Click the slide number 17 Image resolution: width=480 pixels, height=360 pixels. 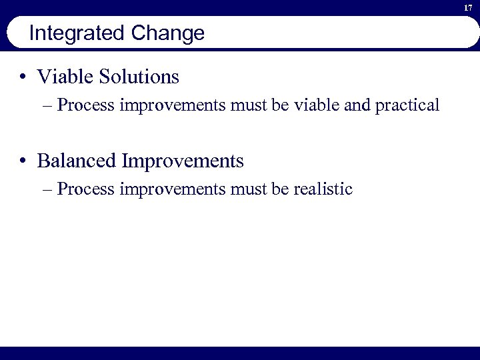click(469, 7)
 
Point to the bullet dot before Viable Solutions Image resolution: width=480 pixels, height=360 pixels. click(23, 77)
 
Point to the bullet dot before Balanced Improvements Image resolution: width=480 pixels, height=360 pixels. click(23, 161)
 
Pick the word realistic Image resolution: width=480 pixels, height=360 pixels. click(323, 189)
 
